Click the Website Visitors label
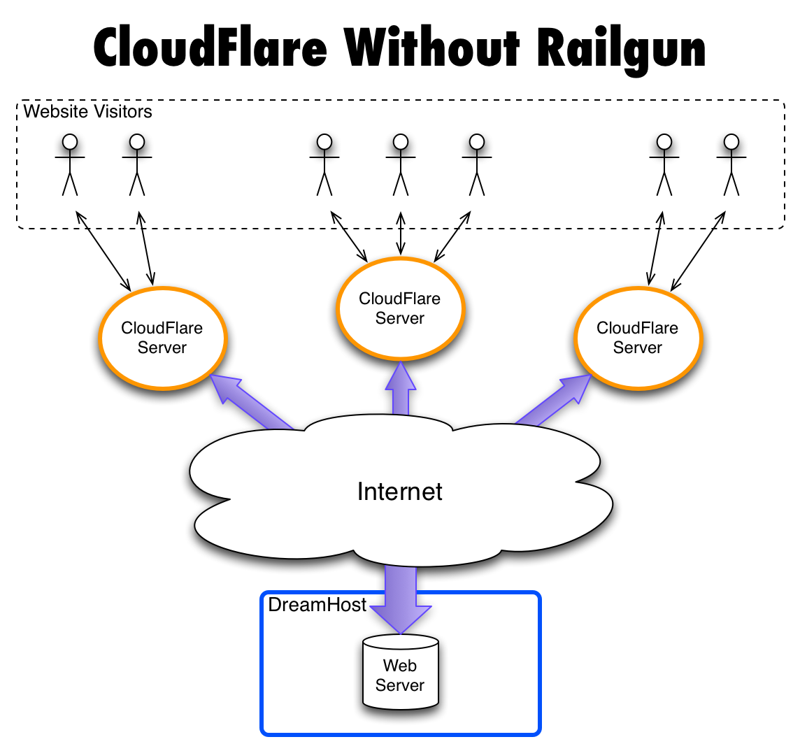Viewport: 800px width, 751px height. (87, 111)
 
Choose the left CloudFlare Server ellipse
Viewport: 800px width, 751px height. (163, 338)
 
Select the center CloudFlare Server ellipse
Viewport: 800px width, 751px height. (400, 308)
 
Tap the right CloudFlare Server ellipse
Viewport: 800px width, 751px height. (638, 338)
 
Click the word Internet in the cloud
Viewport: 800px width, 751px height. (400, 492)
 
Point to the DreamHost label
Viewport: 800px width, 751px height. (317, 605)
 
